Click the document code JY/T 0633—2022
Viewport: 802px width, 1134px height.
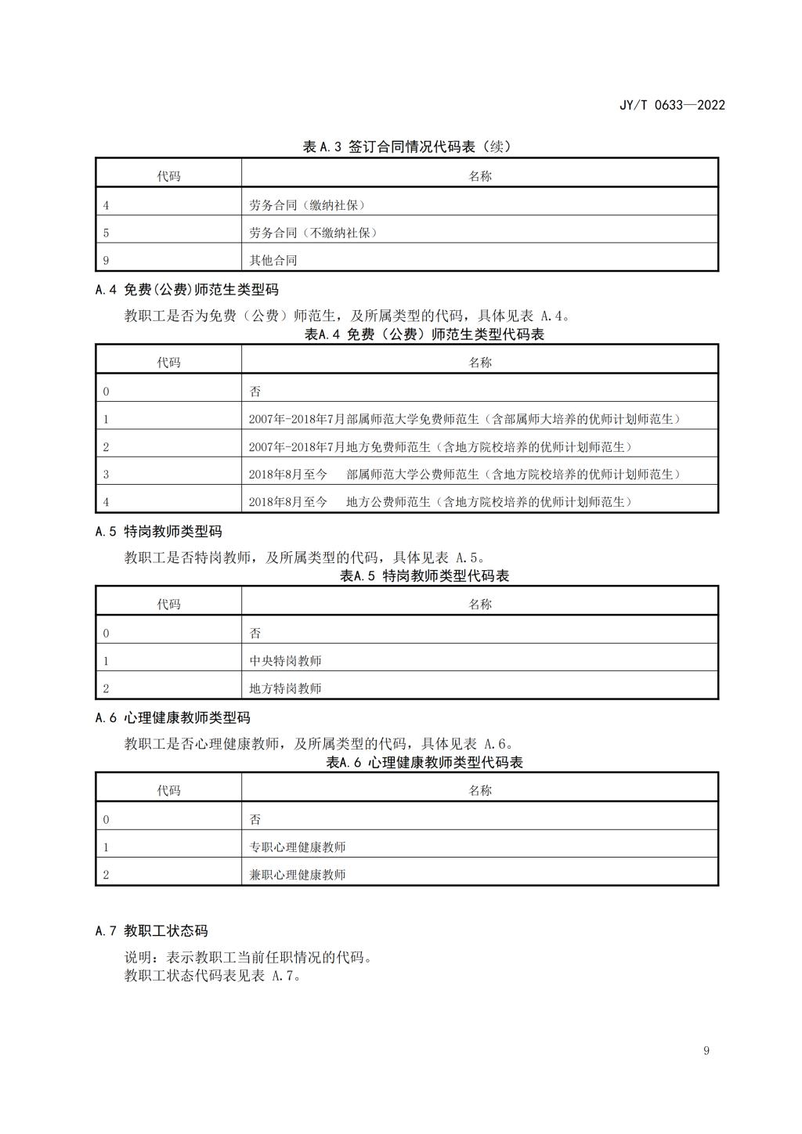672,105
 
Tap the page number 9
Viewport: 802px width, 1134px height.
706,1051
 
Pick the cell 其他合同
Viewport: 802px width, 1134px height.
273,260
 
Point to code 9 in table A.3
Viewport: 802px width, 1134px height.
106,260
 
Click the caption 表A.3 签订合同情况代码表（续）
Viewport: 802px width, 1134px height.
406,146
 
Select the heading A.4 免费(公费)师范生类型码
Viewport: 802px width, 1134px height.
187,290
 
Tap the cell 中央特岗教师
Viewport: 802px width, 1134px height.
285,661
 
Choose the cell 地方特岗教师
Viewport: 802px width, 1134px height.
285,688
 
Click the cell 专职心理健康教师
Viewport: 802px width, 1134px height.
297,847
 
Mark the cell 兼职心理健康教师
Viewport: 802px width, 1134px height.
297,875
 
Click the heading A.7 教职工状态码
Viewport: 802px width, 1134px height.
152,931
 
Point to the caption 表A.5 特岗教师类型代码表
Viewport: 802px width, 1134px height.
424,576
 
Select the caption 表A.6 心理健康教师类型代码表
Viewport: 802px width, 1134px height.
424,763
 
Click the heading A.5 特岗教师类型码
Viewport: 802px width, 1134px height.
159,532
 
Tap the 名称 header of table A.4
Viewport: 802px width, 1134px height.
480,363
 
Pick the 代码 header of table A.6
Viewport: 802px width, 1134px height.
168,791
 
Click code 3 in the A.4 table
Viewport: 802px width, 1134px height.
106,475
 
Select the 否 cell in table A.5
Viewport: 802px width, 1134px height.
255,634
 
